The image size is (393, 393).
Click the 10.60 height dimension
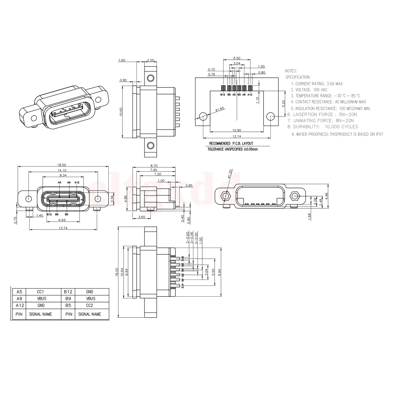[x=121, y=112]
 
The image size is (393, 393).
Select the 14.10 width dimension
[x=62, y=170]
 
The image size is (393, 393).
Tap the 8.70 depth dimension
[x=154, y=166]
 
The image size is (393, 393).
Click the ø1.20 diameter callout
[x=230, y=174]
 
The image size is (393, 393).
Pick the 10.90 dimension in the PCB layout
[x=237, y=130]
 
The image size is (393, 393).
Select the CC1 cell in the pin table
[x=41, y=292]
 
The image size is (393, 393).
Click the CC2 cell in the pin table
[x=90, y=305]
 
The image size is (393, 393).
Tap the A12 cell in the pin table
[x=20, y=305]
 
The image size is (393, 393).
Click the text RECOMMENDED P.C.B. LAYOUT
[x=231, y=143]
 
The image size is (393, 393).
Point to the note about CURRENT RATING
[x=317, y=84]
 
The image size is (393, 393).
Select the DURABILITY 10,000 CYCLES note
[x=323, y=127]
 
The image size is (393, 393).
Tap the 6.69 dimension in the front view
[x=62, y=220]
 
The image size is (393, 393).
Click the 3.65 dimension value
[x=141, y=217]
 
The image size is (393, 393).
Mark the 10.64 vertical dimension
[x=122, y=272]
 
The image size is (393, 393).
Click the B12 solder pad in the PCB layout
[x=223, y=88]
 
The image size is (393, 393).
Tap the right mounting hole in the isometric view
[x=98, y=100]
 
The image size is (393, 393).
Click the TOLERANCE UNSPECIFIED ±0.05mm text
[x=232, y=149]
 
